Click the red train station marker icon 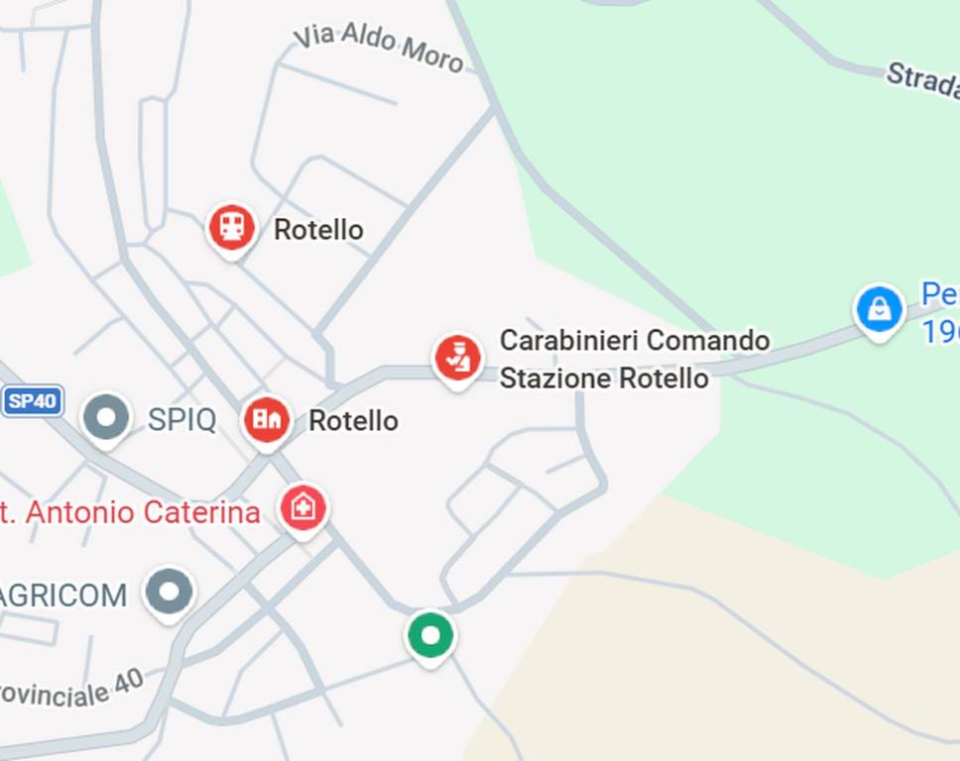coord(231,227)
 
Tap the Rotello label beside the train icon coord(318,230)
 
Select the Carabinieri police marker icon coord(457,358)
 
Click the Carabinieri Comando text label coord(634,341)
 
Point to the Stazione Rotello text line coord(603,379)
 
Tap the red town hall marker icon coord(267,419)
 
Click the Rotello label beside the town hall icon coord(353,421)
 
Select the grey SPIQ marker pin coord(106,417)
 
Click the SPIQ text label coord(181,420)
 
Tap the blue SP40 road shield coord(33,401)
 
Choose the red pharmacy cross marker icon coord(303,508)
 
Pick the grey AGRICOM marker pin coord(169,592)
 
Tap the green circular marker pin coord(430,635)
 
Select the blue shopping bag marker coord(880,309)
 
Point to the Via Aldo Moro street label coord(379,50)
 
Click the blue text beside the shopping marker coord(940,313)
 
